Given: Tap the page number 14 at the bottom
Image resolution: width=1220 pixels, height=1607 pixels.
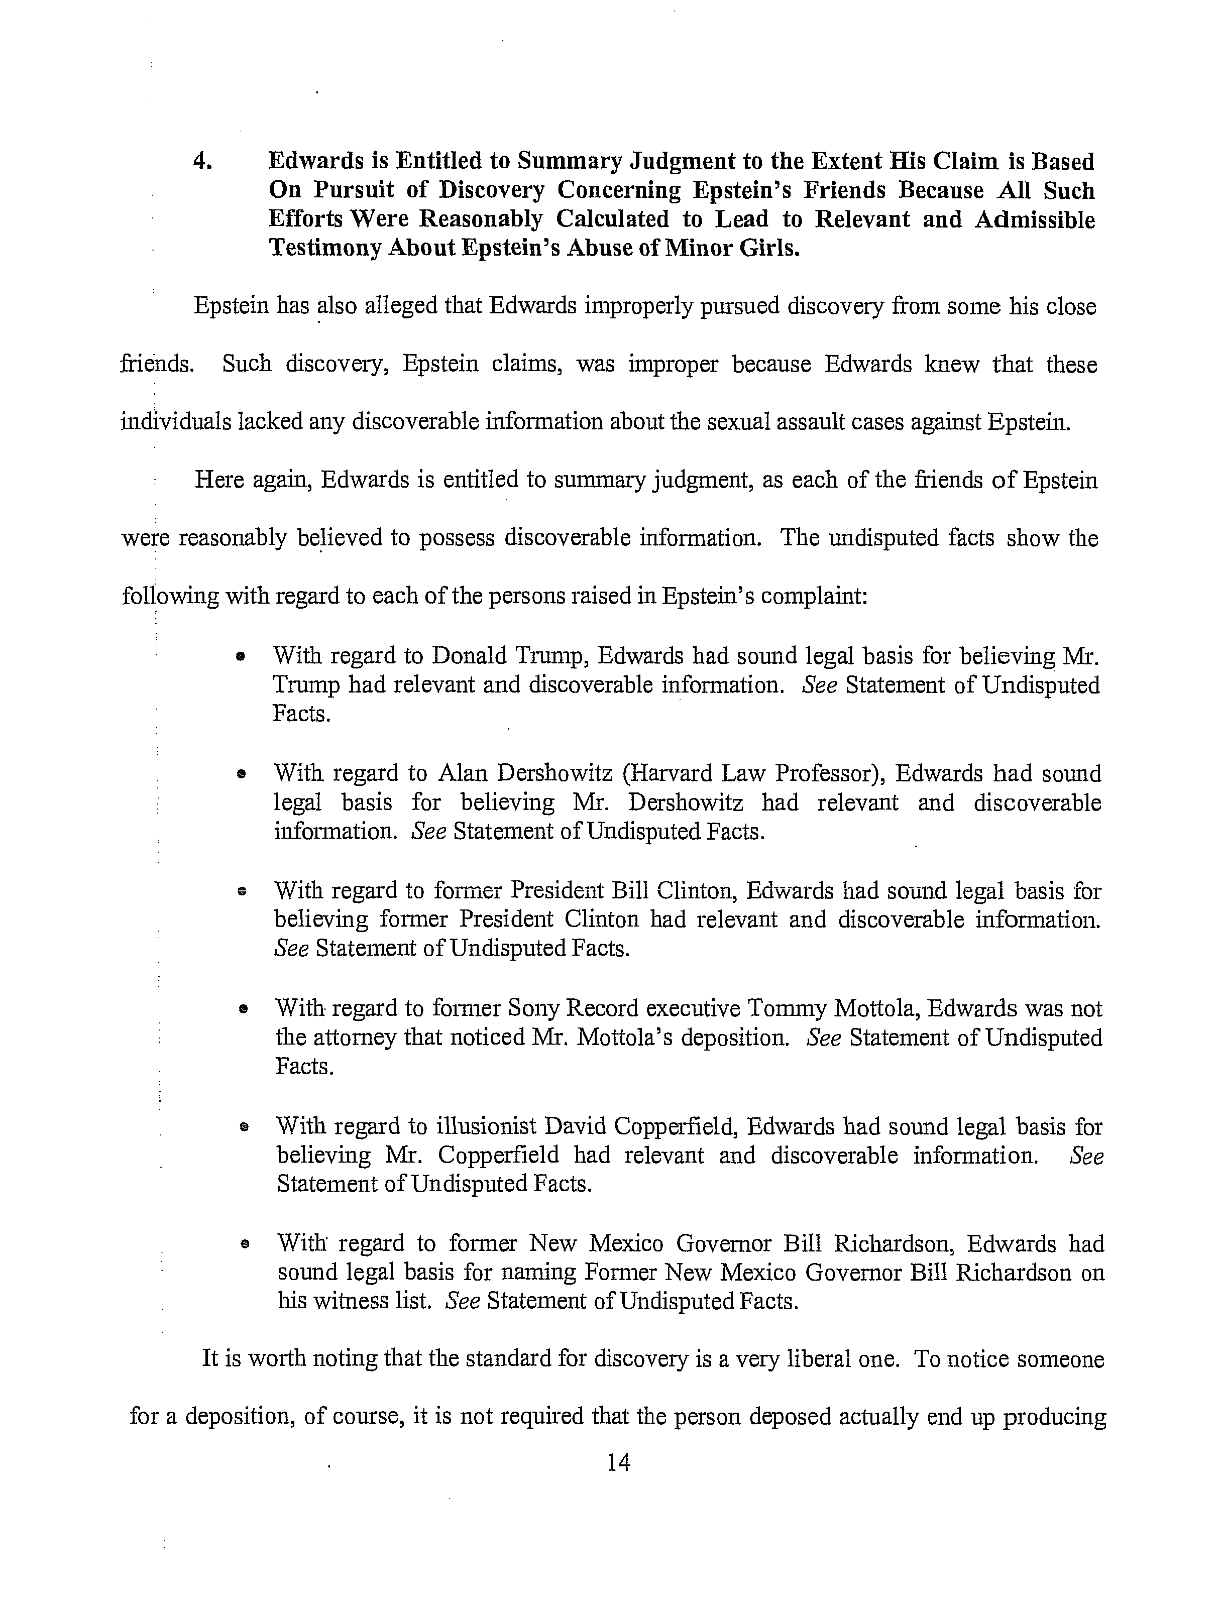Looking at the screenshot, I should pyautogui.click(x=618, y=1462).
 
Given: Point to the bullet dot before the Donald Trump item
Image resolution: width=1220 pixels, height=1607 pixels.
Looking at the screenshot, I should pyautogui.click(x=239, y=657).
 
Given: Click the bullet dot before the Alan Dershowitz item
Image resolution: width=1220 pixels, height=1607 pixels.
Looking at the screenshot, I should pyautogui.click(x=240, y=775).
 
